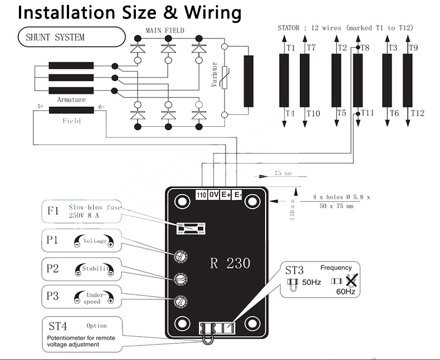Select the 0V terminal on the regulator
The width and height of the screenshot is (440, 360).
tap(214, 195)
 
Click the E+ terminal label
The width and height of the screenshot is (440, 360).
tap(226, 195)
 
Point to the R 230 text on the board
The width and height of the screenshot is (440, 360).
tap(230, 263)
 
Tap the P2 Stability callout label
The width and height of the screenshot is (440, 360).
tap(53, 269)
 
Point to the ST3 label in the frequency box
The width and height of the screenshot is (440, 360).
tap(295, 271)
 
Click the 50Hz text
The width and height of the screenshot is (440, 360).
tap(311, 282)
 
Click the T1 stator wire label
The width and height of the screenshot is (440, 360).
tap(290, 48)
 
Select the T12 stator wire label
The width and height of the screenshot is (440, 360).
tap(418, 113)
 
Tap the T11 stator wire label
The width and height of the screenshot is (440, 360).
tap(367, 113)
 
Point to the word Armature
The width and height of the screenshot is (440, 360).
tap(71, 100)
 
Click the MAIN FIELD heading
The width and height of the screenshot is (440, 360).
tap(165, 30)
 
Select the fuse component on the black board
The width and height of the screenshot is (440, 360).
tap(191, 228)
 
